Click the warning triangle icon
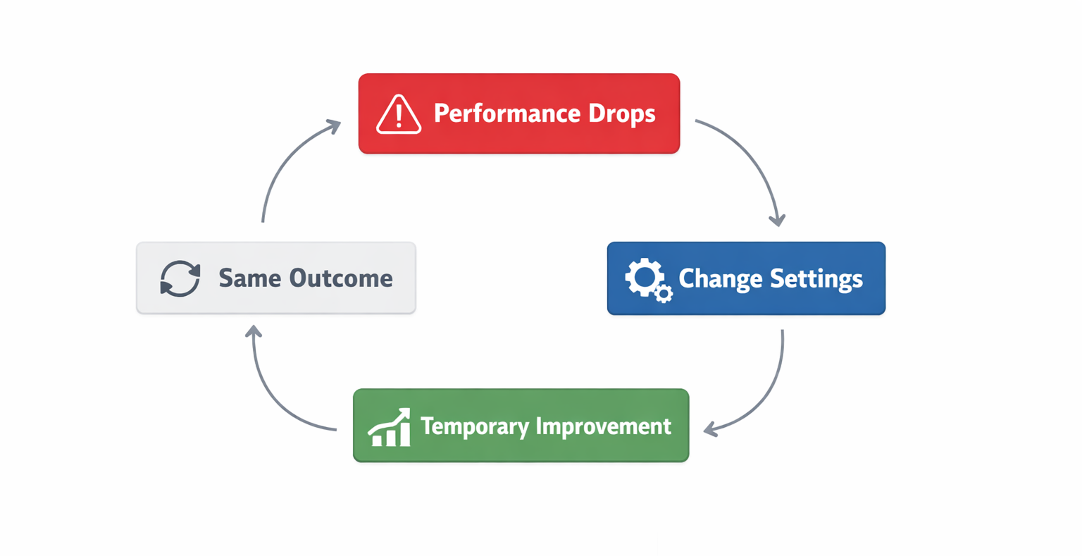coord(398,114)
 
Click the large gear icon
coord(645,277)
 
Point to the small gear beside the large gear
coord(664,294)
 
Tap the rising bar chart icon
coord(390,427)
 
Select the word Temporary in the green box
coord(474,426)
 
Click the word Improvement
coord(604,426)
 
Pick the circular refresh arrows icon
coord(180,278)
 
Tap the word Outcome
coord(341,278)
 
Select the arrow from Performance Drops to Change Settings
coord(752,158)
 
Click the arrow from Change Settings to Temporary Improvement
coord(767,395)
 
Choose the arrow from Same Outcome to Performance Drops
coord(282,162)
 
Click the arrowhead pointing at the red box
coord(334,126)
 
